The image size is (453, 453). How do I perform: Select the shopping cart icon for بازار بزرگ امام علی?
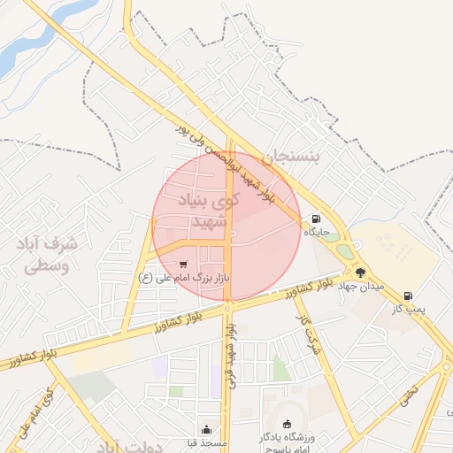183,264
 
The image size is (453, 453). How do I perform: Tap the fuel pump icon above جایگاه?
316,219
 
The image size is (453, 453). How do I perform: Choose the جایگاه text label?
317,232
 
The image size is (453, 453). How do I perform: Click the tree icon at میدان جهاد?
360,273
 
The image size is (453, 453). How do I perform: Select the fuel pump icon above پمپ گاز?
408,296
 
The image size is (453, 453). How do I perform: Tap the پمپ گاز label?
410,309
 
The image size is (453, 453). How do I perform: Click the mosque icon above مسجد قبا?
206,428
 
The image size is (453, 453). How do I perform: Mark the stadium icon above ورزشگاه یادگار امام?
286,424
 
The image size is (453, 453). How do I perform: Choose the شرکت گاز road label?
307,332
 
